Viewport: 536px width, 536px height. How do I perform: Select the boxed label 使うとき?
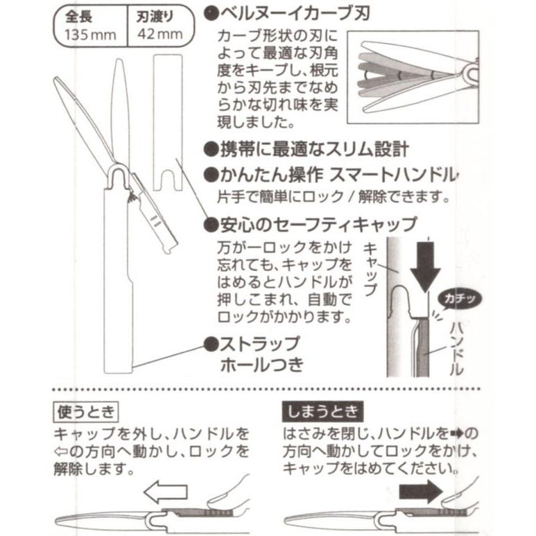[x=86, y=413]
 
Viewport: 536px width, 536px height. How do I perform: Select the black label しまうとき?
[x=322, y=413]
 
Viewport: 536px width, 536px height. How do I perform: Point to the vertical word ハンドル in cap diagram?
[x=456, y=347]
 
